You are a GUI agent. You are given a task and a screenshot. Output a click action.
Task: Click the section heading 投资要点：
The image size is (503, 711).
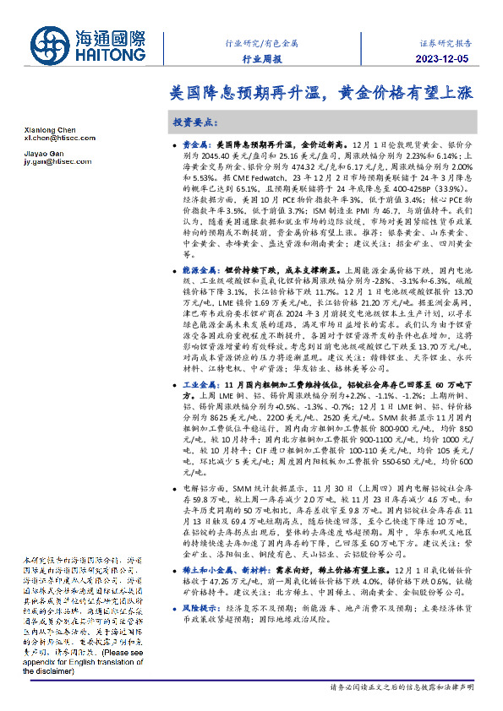[195, 122]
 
